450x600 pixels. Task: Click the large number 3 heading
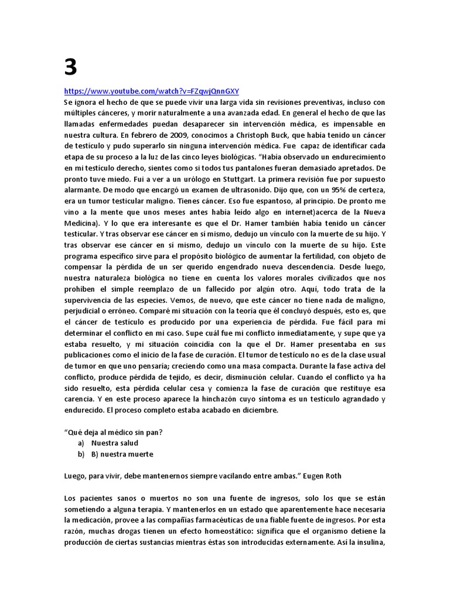point(70,69)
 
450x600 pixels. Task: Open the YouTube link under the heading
point(151,91)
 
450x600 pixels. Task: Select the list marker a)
point(81,443)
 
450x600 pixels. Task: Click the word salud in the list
point(128,443)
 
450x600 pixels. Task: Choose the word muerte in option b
point(141,454)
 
